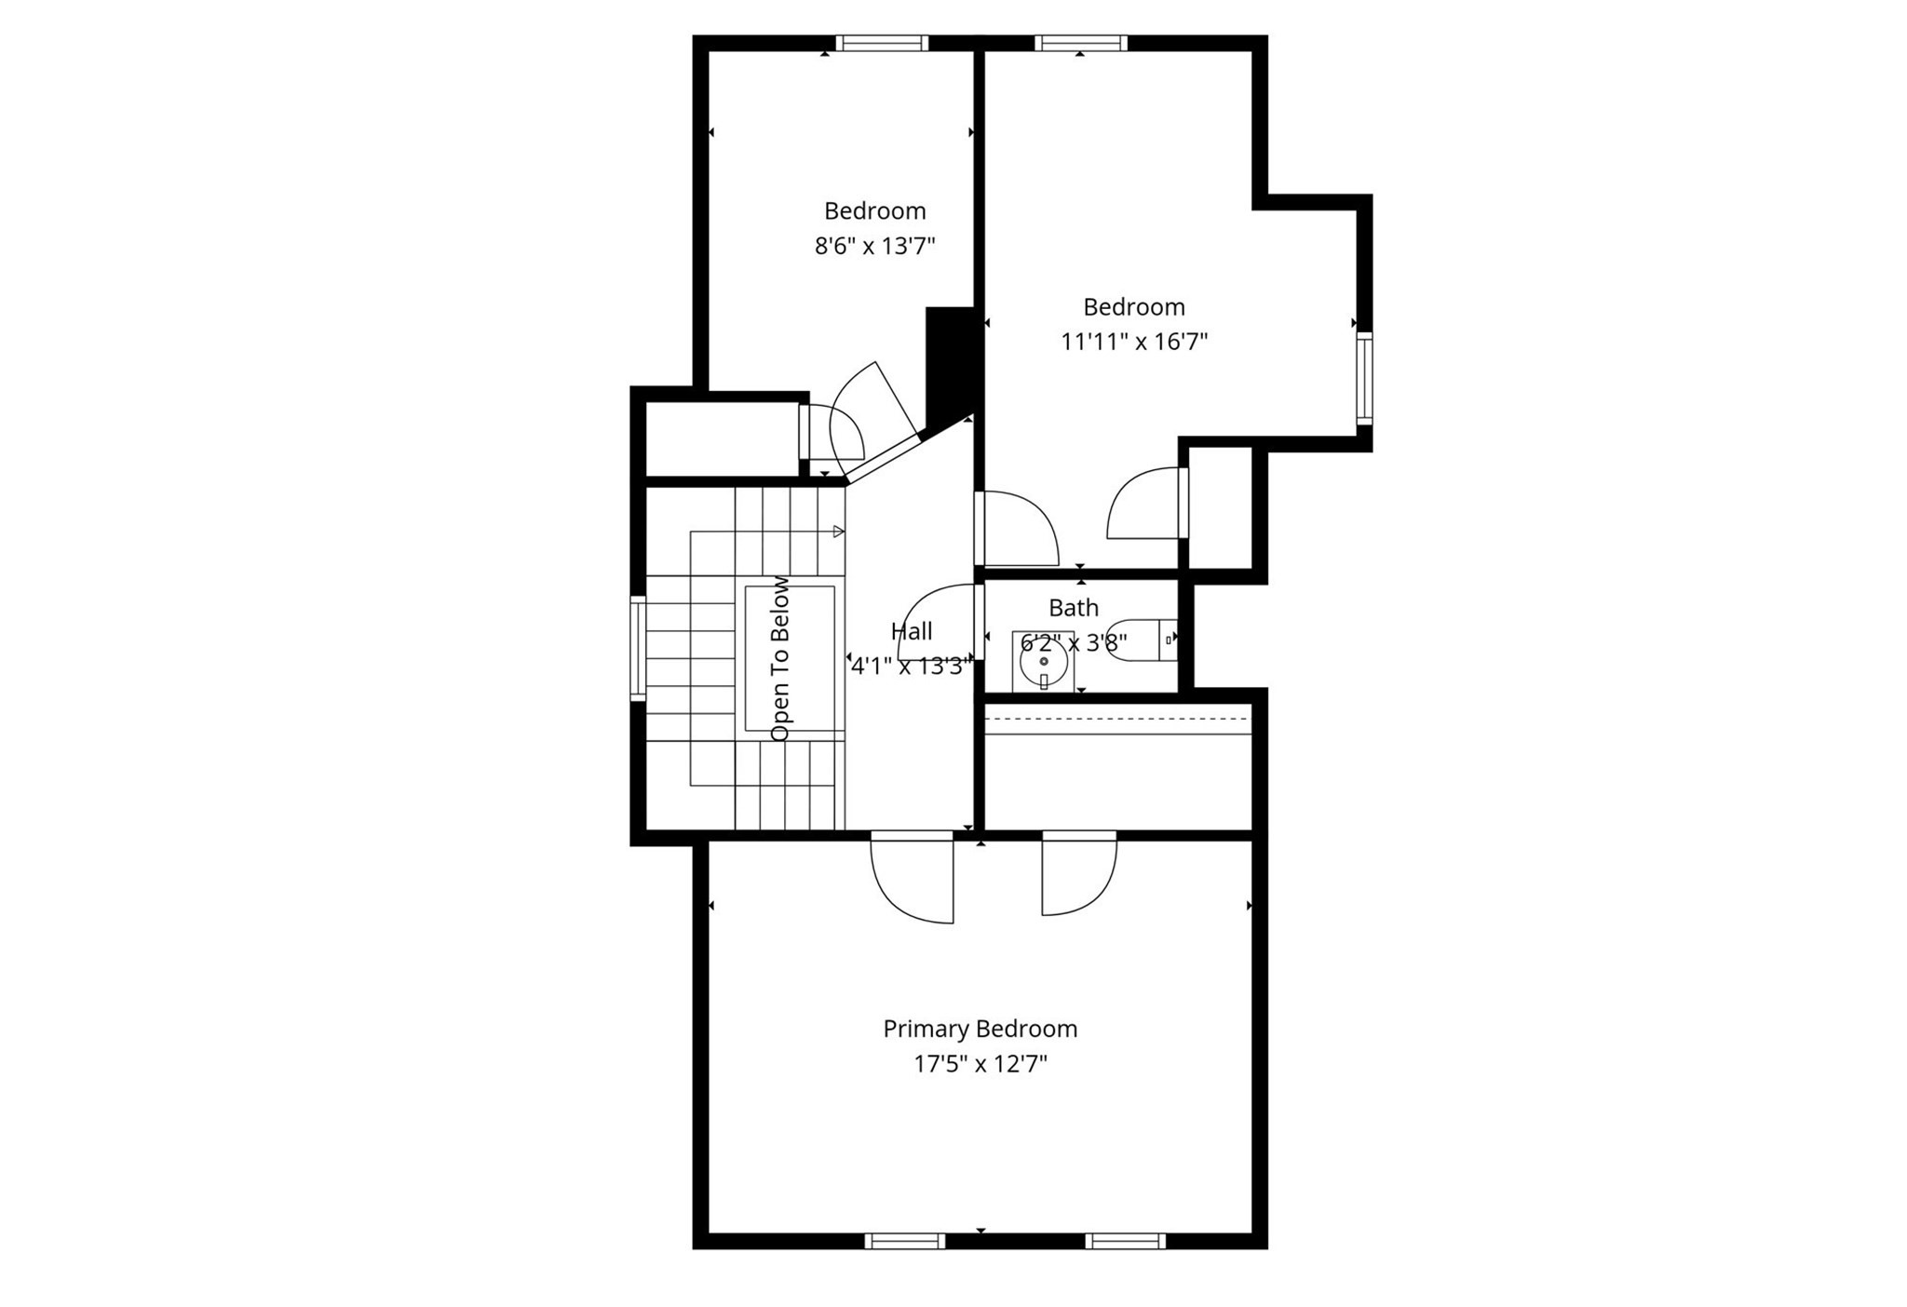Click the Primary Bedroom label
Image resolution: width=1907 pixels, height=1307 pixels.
point(980,1029)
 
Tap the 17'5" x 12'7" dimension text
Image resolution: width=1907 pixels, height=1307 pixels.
point(980,1064)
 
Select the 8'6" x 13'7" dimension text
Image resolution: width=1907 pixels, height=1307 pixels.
point(874,246)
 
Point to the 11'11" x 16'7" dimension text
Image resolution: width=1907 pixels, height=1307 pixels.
point(1133,342)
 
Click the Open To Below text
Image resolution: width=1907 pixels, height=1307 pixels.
point(780,658)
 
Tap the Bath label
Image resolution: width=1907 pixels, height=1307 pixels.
point(1073,608)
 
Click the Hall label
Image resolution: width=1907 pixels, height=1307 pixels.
point(911,631)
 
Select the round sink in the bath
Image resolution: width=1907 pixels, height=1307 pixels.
point(1043,663)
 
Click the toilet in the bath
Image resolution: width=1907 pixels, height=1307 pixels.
point(1141,640)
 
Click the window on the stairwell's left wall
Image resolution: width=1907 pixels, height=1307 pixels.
point(638,648)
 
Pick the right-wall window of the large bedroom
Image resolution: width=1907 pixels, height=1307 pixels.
point(1364,378)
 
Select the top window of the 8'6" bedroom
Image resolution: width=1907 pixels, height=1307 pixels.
point(881,43)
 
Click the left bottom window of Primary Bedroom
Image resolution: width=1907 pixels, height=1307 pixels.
point(904,1241)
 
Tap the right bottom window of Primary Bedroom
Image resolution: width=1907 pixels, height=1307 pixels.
point(1125,1241)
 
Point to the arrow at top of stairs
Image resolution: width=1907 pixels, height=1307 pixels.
point(838,532)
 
